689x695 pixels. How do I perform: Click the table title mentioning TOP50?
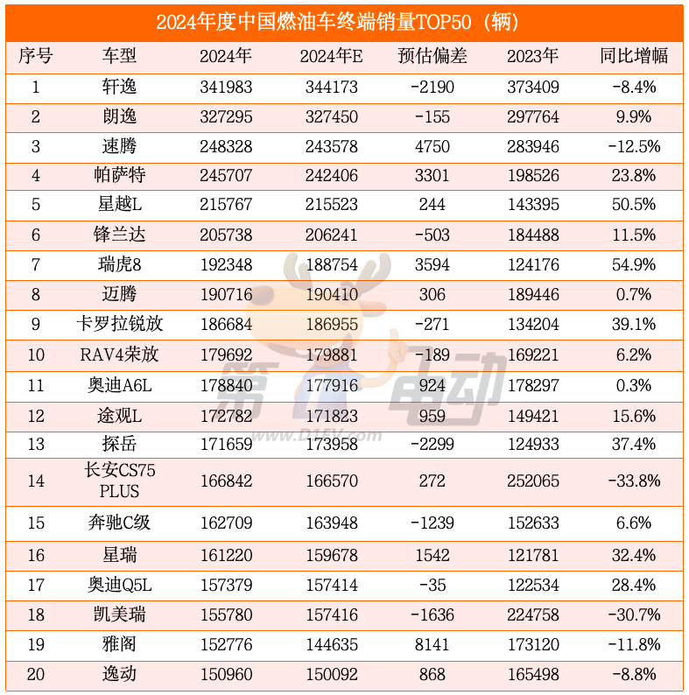(345, 22)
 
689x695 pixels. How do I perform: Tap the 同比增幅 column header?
(634, 56)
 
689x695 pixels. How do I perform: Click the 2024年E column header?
(332, 56)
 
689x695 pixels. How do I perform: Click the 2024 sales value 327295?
(226, 116)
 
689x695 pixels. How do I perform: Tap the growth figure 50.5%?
(634, 206)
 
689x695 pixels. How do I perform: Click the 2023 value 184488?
(533, 235)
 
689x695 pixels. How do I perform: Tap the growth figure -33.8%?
(634, 481)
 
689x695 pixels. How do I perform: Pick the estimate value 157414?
(332, 585)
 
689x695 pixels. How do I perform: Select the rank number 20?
(36, 675)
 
